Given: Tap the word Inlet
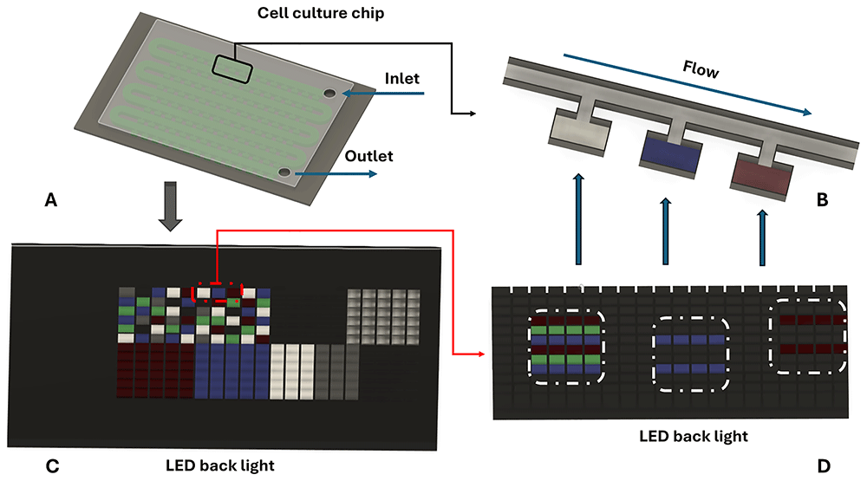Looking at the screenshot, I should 401,79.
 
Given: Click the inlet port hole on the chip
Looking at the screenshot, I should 329,93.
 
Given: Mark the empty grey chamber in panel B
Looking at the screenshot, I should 577,135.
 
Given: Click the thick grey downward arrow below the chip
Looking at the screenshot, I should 170,207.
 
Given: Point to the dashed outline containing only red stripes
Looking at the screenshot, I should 808,336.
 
